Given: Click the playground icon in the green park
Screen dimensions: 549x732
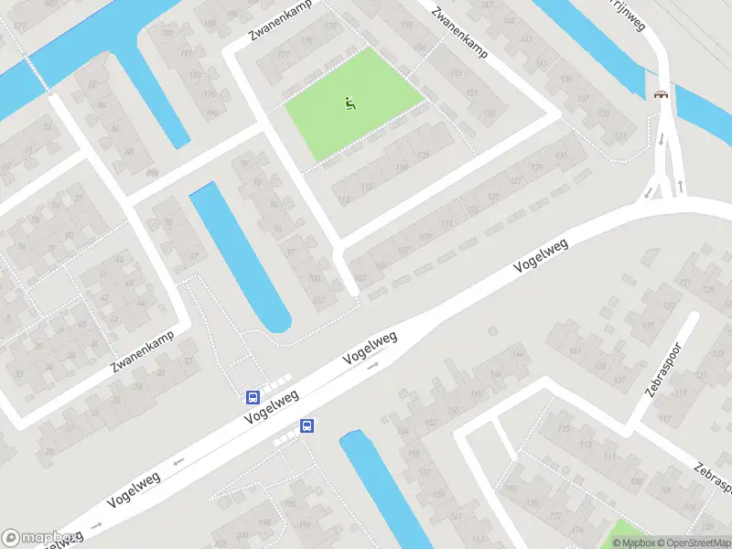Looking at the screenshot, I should pyautogui.click(x=349, y=103).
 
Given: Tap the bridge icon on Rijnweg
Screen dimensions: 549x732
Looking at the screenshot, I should pyautogui.click(x=661, y=93).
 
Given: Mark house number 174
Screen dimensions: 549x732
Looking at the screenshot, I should pyautogui.click(x=576, y=529).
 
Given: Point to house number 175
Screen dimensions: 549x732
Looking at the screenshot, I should pyautogui.click(x=306, y=40).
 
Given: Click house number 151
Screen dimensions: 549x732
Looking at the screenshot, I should pyautogui.click(x=472, y=93).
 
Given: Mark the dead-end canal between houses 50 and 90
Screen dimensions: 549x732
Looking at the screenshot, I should pyautogui.click(x=240, y=256).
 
